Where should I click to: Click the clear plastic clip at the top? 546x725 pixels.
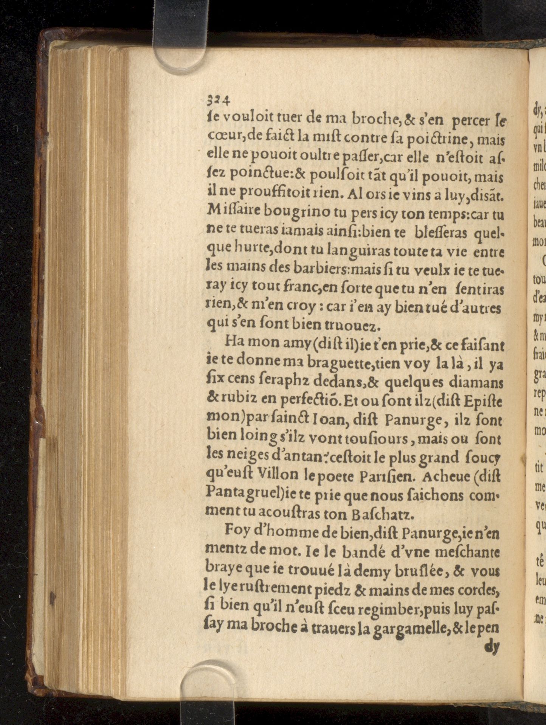[x=180, y=36]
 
